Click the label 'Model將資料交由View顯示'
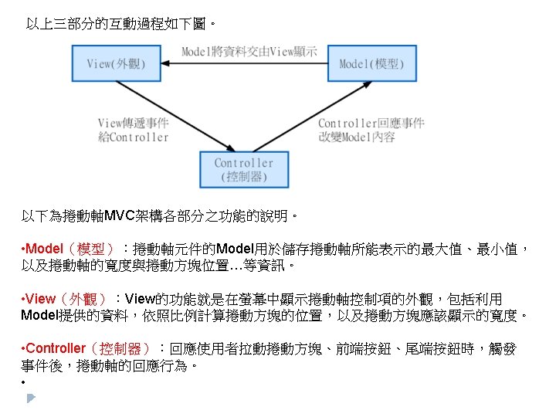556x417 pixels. [x=249, y=52]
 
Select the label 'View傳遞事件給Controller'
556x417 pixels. [x=133, y=130]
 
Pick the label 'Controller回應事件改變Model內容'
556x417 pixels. [x=371, y=130]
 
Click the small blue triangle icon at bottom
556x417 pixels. [x=30, y=398]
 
